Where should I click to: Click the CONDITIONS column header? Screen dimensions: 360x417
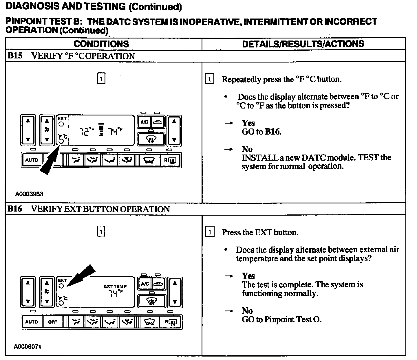[x=101, y=44]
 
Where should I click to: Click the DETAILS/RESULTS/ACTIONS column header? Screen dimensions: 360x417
[x=303, y=44]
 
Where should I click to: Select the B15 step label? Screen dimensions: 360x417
[x=15, y=56]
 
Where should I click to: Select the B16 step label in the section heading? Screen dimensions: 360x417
[x=15, y=209]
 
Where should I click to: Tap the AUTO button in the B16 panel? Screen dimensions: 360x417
[x=32, y=322]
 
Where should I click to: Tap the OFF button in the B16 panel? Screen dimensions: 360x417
[x=52, y=322]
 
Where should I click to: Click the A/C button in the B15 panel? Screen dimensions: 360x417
[x=144, y=122]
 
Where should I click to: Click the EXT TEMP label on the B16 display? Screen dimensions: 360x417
[x=115, y=286]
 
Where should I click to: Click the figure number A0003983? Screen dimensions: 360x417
[x=29, y=194]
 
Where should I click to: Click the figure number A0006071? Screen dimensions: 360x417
[x=27, y=346]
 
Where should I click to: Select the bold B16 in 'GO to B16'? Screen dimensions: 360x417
[x=272, y=132]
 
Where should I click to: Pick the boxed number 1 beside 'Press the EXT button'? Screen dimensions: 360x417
[x=210, y=232]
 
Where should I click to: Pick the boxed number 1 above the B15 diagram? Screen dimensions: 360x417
[x=101, y=78]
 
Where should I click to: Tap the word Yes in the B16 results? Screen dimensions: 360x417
[x=248, y=276]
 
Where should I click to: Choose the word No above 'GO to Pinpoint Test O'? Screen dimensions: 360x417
[x=247, y=311]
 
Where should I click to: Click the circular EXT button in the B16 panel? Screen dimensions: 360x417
[x=61, y=286]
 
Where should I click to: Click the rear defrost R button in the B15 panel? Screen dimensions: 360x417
[x=170, y=160]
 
